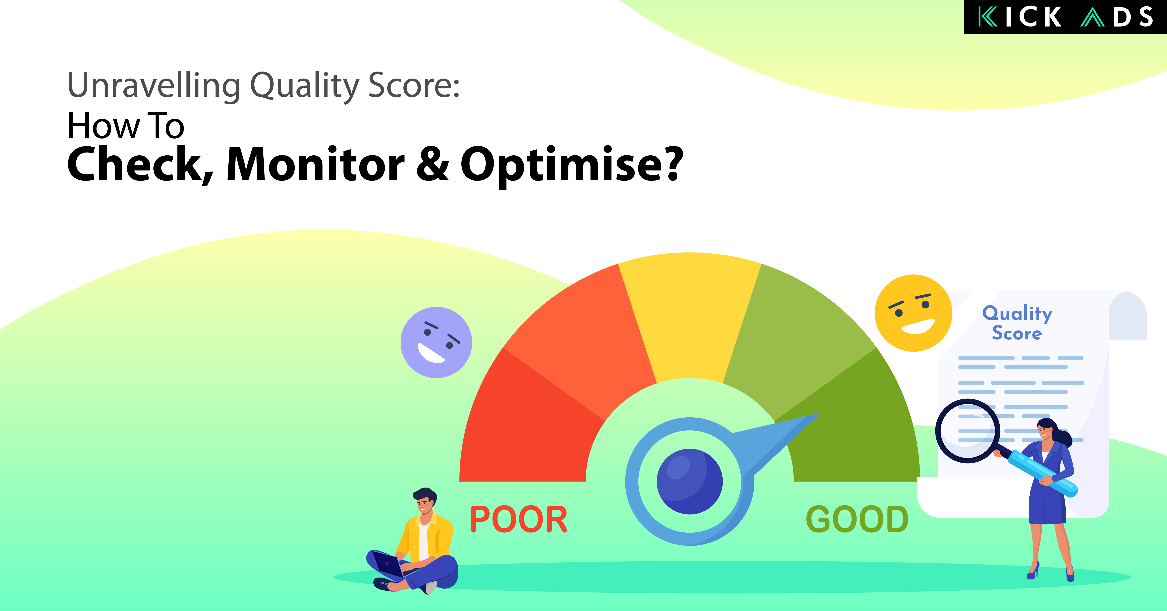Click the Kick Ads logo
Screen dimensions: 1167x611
click(x=1065, y=17)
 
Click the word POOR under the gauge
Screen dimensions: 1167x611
click(x=519, y=520)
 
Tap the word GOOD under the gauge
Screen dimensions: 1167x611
click(x=857, y=520)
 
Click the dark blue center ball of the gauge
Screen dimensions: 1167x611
click(x=690, y=481)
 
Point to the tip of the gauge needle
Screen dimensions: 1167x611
click(x=819, y=414)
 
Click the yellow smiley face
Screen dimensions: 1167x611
click(x=913, y=313)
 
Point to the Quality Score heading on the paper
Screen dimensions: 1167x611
click(x=1017, y=323)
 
